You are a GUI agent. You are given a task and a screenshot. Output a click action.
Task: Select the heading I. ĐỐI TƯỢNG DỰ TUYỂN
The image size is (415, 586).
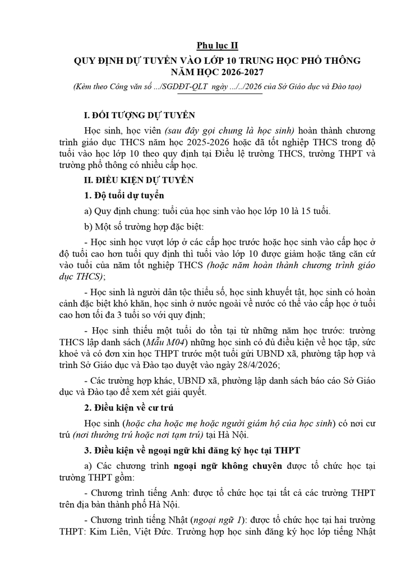click(x=139, y=116)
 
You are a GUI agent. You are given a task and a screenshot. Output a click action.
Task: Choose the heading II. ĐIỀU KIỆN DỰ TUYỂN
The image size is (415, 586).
click(x=138, y=180)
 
